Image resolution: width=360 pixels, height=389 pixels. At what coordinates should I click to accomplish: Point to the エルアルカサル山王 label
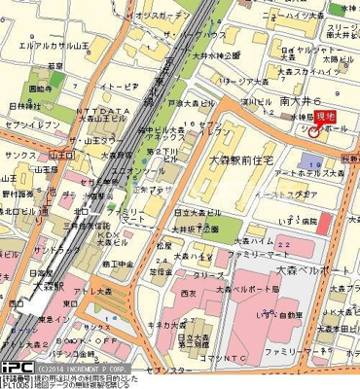click(x=43, y=45)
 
